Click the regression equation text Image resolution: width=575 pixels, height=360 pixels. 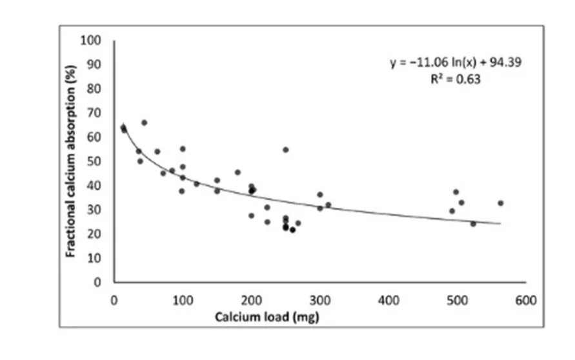(x=456, y=63)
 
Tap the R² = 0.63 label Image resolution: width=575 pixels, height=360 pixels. (x=456, y=79)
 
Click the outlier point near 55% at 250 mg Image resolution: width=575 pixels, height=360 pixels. (x=286, y=150)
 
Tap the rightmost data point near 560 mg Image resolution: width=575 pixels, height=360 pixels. (x=500, y=203)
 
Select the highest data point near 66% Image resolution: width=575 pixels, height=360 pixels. (x=144, y=123)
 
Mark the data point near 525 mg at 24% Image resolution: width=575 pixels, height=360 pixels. (x=473, y=224)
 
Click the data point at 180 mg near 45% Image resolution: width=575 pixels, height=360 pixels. (x=237, y=172)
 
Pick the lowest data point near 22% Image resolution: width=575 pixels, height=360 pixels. (x=292, y=230)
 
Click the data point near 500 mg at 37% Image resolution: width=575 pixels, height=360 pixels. (x=456, y=192)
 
